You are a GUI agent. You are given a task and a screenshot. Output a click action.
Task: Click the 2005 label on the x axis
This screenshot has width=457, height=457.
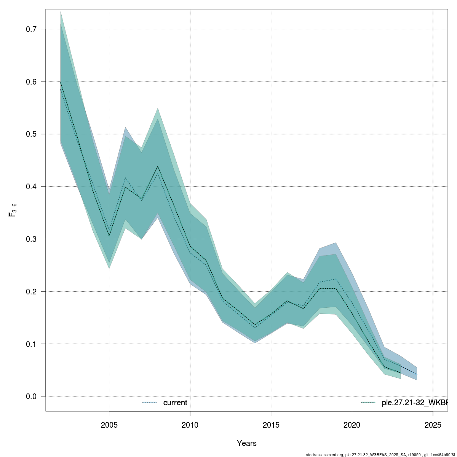point(109,425)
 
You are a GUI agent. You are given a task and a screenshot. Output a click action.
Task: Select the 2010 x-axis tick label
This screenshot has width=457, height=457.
point(190,425)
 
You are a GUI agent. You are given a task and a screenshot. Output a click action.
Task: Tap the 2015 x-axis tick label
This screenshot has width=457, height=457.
point(271,425)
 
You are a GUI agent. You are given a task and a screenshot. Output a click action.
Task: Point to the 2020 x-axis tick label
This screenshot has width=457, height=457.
point(352,425)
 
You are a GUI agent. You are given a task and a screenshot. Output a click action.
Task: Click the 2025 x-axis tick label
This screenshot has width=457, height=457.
point(433,425)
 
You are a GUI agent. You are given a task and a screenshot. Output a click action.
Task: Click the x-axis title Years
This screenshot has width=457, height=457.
point(247,443)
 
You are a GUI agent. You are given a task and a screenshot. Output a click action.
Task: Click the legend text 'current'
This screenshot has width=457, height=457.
point(175,403)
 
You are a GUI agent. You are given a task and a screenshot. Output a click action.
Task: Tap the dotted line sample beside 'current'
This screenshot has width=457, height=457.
point(150,403)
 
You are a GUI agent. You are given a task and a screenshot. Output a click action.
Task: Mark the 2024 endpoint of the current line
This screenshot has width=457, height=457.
point(417,375)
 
